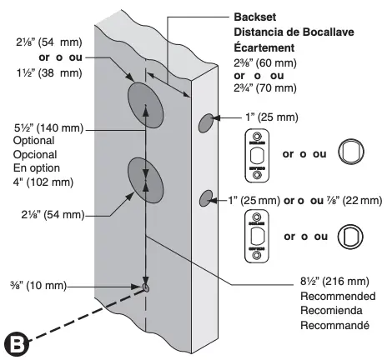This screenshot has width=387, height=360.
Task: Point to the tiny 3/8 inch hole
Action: coord(146,287)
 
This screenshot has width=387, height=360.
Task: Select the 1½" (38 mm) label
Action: coord(38,73)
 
